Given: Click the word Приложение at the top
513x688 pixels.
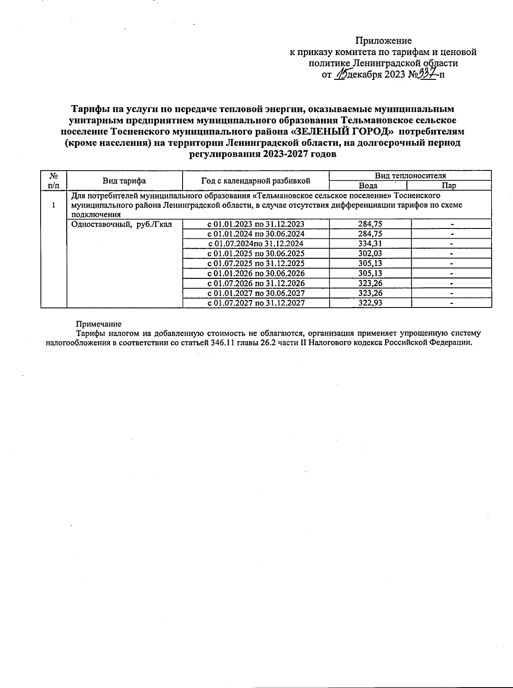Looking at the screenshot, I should (x=383, y=41).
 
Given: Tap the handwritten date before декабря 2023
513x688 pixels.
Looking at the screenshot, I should (x=342, y=75).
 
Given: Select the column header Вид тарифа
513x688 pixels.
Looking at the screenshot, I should (x=124, y=181).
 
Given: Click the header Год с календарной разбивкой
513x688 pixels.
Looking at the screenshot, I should (x=256, y=181).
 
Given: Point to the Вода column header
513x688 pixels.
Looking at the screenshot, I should (x=368, y=186).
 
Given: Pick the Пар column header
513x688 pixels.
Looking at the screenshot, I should (x=449, y=186).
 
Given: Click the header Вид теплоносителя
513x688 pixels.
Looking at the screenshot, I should (x=410, y=176).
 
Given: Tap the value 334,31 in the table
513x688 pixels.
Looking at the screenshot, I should (x=370, y=244).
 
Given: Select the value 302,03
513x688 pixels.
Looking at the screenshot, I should (x=370, y=254).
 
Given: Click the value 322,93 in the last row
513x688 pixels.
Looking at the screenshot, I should (x=370, y=303).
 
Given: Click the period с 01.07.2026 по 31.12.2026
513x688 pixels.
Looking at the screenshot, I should (x=256, y=283).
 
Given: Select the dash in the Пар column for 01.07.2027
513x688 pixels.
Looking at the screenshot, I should (x=451, y=303).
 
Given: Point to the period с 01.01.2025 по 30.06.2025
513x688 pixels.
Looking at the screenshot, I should (x=256, y=254).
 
